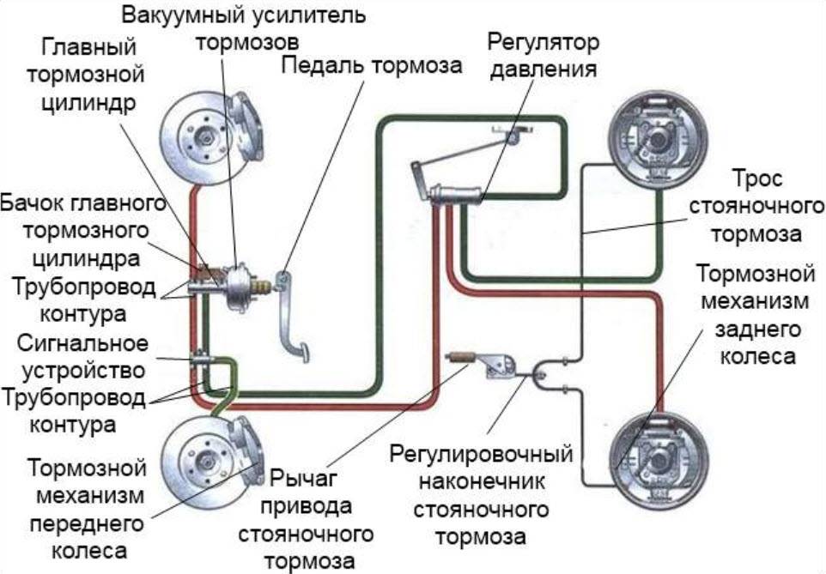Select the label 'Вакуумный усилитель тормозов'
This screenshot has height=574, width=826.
tap(243, 28)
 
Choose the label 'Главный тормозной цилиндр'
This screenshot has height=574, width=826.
tap(85, 73)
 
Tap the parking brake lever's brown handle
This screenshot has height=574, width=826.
tap(460, 356)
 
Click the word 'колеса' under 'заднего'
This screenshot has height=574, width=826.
tap(756, 355)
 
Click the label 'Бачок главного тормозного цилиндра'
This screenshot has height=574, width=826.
tap(82, 231)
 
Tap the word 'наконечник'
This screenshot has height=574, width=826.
tap(480, 482)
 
